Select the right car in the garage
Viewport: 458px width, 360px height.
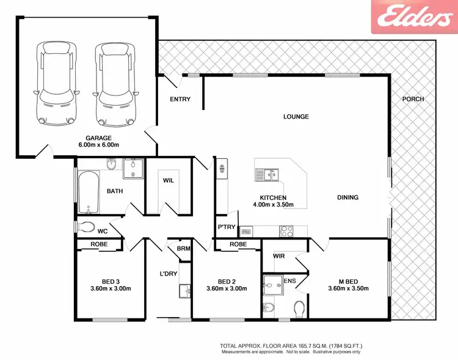115,83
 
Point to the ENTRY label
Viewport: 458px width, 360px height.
180,100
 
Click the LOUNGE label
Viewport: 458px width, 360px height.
296,117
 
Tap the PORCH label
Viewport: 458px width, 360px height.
413,99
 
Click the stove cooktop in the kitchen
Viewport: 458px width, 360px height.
286,231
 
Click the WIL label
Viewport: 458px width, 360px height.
168,181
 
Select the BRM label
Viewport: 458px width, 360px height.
183,249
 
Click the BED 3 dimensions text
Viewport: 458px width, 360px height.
110,288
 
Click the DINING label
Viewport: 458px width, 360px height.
347,197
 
